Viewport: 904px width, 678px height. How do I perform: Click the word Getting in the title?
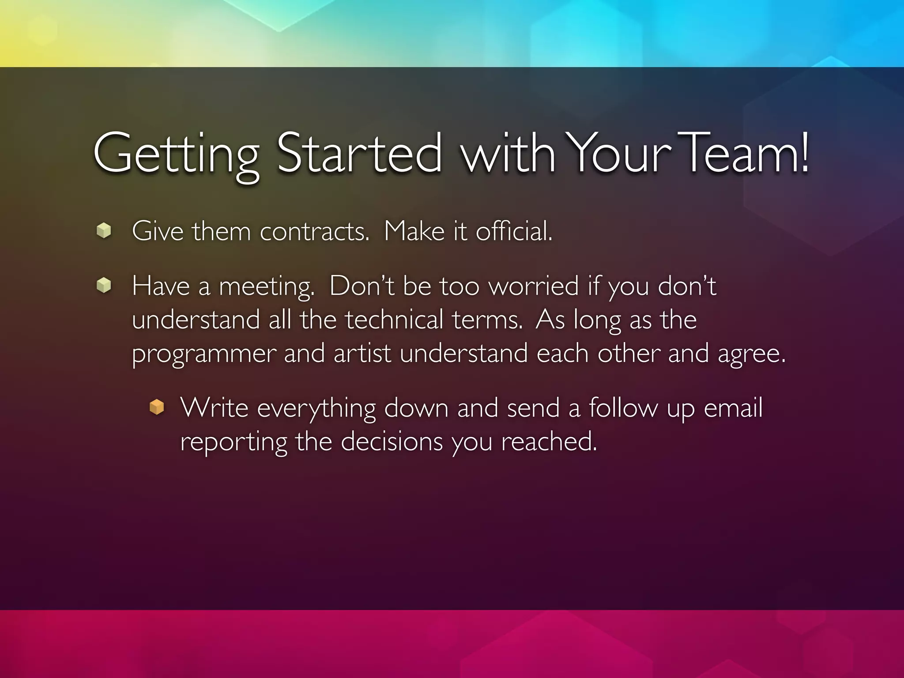(176, 154)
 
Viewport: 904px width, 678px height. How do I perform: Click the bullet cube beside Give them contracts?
(104, 230)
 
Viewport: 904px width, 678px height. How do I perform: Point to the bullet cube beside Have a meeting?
(104, 285)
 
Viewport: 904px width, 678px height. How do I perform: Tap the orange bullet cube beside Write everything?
(157, 407)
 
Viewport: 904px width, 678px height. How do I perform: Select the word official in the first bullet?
(514, 231)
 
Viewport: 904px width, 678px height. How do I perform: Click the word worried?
(534, 286)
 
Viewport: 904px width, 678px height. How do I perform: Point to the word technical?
(394, 319)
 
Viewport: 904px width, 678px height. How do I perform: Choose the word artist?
(362, 353)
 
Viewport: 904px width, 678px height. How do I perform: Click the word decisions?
(392, 441)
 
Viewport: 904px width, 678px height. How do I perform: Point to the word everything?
(316, 408)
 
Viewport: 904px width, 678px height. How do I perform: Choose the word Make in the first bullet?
(414, 231)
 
